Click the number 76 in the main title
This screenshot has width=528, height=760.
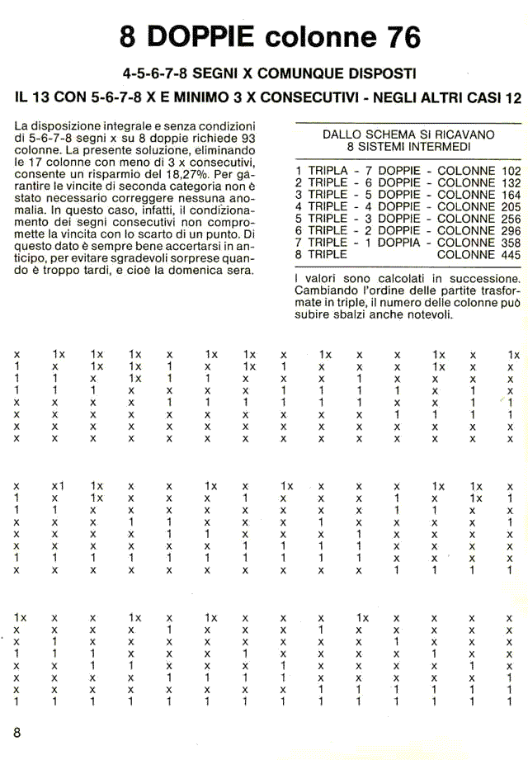pyautogui.click(x=398, y=37)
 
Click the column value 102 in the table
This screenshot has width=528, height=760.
pyautogui.click(x=511, y=170)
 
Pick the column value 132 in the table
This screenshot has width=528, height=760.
pyautogui.click(x=511, y=182)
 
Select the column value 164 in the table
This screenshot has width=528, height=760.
pyautogui.click(x=511, y=195)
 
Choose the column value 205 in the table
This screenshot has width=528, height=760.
pyautogui.click(x=511, y=207)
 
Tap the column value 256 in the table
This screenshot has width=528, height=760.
pyautogui.click(x=511, y=219)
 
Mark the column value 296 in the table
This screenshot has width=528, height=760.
pyautogui.click(x=511, y=231)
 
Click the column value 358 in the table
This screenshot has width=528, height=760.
pyautogui.click(x=511, y=243)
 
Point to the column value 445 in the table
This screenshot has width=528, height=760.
pyautogui.click(x=511, y=255)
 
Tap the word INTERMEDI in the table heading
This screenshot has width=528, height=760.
pyautogui.click(x=441, y=146)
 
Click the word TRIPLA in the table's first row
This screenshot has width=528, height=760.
pyautogui.click(x=328, y=170)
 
